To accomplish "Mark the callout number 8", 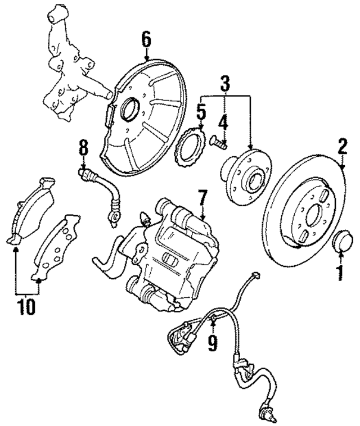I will click(x=83, y=149).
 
